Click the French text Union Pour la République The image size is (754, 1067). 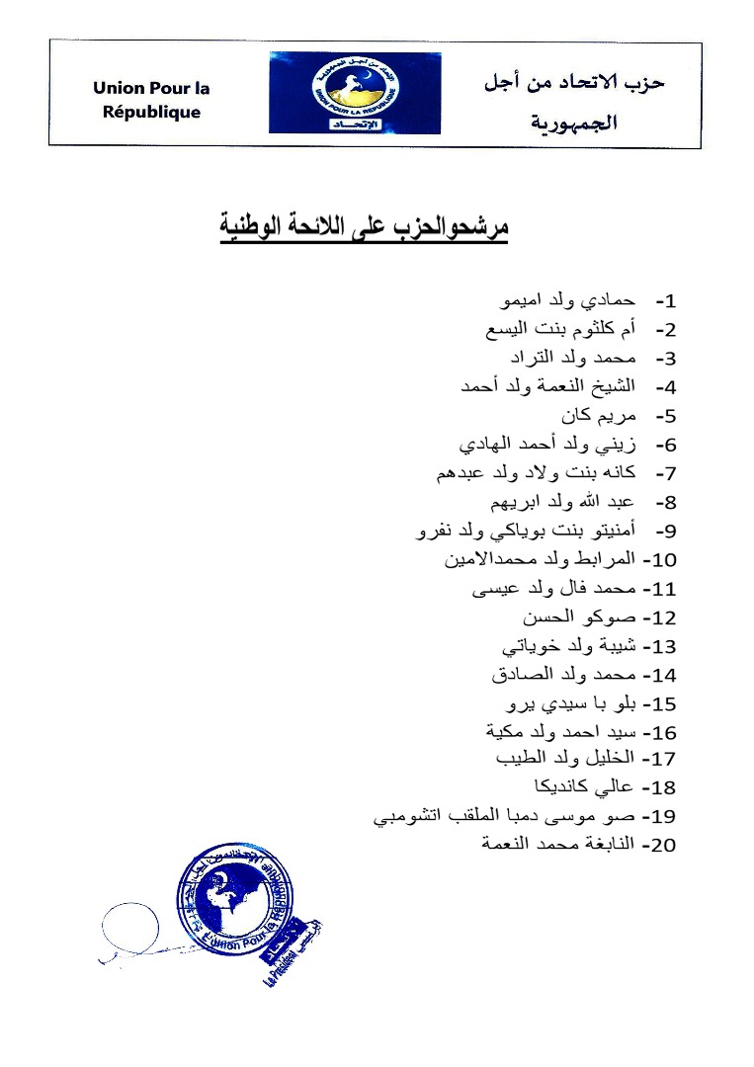click(151, 100)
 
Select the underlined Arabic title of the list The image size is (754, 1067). click(363, 227)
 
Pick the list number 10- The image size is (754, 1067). click(659, 560)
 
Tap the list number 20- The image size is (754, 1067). click(659, 846)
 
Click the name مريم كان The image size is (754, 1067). click(598, 415)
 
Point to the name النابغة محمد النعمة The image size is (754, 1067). click(557, 845)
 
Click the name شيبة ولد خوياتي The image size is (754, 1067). click(569, 646)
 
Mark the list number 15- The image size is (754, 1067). click(659, 704)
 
